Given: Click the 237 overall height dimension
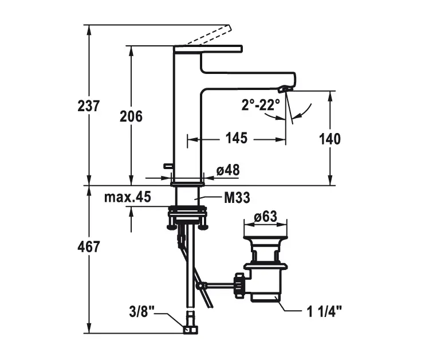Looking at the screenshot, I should [89, 106].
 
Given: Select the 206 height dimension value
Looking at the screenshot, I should [131, 116].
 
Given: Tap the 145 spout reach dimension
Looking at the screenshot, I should [236, 139].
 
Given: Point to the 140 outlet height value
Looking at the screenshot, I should [329, 139].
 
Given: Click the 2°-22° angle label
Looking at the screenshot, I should [261, 105].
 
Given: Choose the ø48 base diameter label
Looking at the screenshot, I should [228, 170].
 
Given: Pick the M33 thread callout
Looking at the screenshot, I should [237, 198].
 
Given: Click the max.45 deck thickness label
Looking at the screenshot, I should [128, 198].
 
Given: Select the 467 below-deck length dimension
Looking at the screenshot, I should [89, 247].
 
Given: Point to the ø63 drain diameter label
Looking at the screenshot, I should [266, 217].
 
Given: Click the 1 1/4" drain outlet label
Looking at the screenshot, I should [324, 312].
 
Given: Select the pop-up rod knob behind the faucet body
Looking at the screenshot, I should [168, 166].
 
